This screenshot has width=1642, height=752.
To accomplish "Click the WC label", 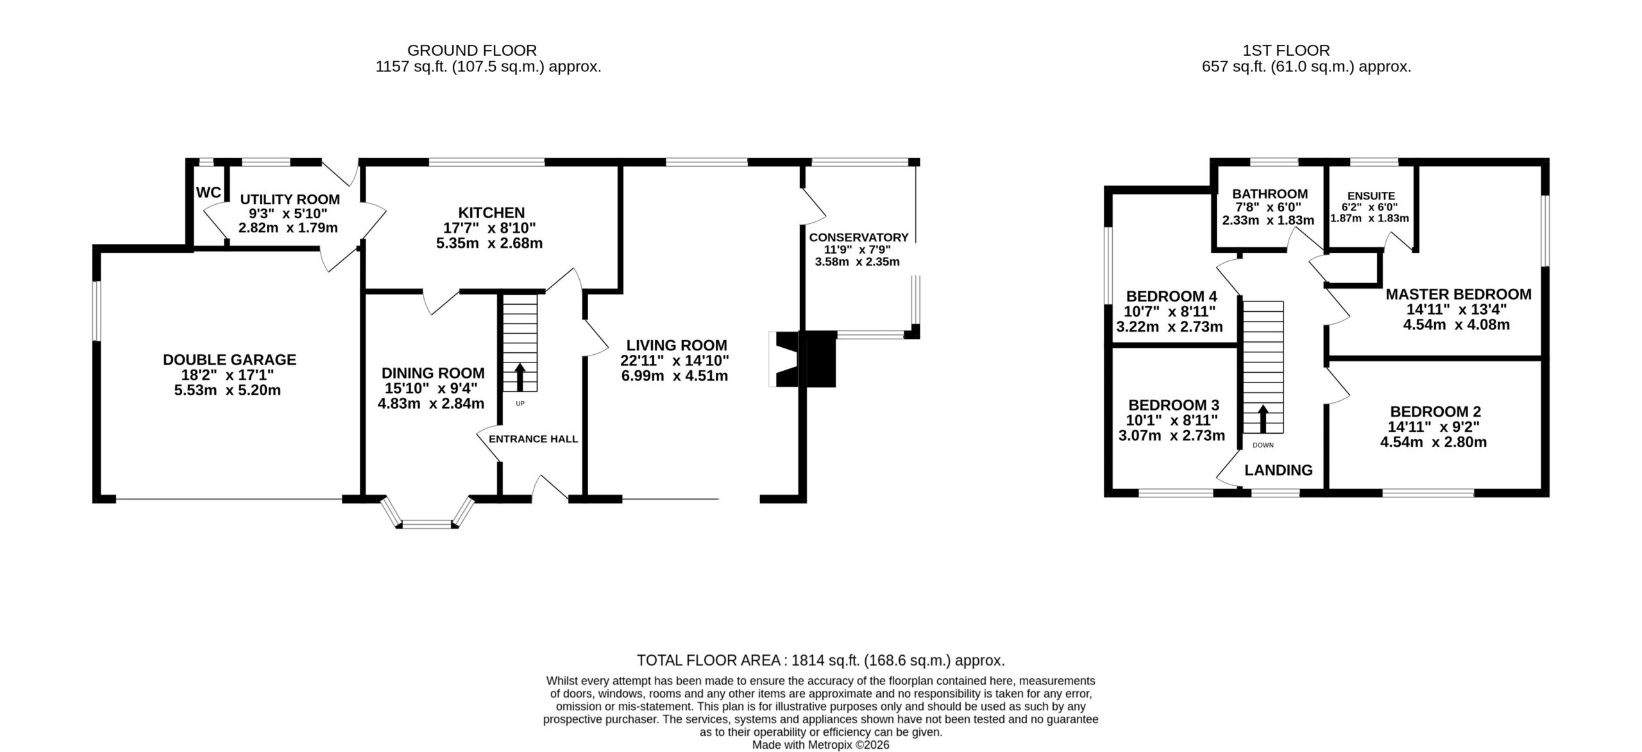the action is tap(208, 192).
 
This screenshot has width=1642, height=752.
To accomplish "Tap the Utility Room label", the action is tap(290, 200).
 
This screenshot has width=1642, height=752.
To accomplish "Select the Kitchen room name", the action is tap(491, 212).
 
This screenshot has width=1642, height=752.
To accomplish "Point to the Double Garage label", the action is tap(230, 360).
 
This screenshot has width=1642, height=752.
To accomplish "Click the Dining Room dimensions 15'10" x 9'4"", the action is tap(431, 388).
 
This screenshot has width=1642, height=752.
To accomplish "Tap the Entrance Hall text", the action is tap(533, 440).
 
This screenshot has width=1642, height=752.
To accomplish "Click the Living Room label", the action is tap(677, 345).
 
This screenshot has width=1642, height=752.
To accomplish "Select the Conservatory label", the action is tap(859, 237).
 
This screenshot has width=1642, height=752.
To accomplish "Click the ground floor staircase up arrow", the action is tap(520, 377).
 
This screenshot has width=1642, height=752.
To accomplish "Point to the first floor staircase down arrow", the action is tap(1263, 418).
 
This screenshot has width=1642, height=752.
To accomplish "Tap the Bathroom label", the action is tap(1270, 194).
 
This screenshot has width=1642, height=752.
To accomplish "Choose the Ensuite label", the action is tap(1371, 196).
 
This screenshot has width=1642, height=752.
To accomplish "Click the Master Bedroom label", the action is tap(1459, 295).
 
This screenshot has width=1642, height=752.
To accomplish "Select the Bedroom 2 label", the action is tap(1434, 411).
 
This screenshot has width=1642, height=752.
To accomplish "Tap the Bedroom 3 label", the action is tap(1174, 406).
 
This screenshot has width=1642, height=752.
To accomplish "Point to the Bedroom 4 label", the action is tap(1172, 296).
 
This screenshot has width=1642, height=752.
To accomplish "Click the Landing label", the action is tap(1278, 470).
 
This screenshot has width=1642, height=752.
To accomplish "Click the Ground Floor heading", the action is tap(472, 50).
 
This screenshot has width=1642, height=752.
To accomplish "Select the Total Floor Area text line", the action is tap(820, 660).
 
